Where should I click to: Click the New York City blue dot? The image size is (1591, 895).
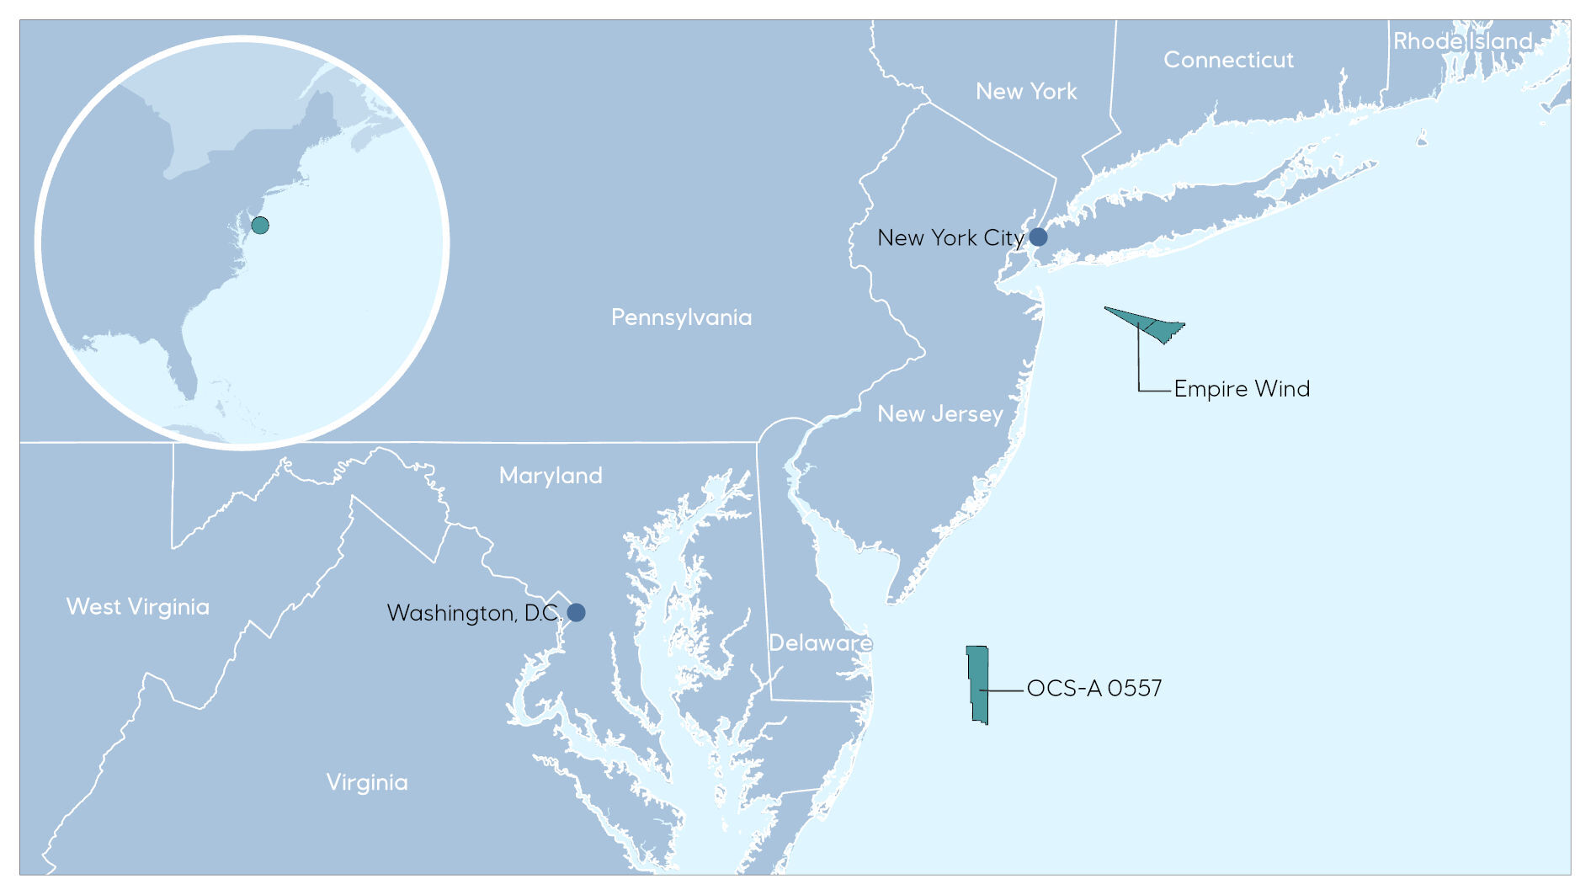tap(1038, 237)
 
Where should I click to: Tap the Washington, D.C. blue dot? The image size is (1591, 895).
tap(576, 612)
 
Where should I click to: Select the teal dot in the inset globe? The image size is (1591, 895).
tap(260, 225)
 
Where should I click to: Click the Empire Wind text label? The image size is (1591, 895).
tap(1242, 389)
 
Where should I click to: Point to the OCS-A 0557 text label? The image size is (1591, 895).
tap(1093, 689)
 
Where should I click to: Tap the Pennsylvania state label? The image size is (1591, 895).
tap(681, 317)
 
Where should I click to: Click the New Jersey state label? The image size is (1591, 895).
tap(939, 413)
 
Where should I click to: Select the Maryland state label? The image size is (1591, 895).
tap(551, 476)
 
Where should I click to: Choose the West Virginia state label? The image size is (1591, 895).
tap(138, 607)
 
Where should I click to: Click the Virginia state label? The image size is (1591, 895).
tap(367, 782)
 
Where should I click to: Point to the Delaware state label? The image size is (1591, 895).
tap(820, 643)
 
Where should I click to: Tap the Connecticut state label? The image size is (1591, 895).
tap(1228, 60)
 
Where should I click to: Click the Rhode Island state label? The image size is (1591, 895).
tap(1462, 40)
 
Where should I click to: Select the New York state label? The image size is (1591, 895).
tap(1026, 91)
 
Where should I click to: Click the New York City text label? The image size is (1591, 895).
tap(950, 238)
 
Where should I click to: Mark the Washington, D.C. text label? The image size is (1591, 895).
tap(473, 613)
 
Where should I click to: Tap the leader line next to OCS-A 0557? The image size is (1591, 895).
tap(1006, 690)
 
